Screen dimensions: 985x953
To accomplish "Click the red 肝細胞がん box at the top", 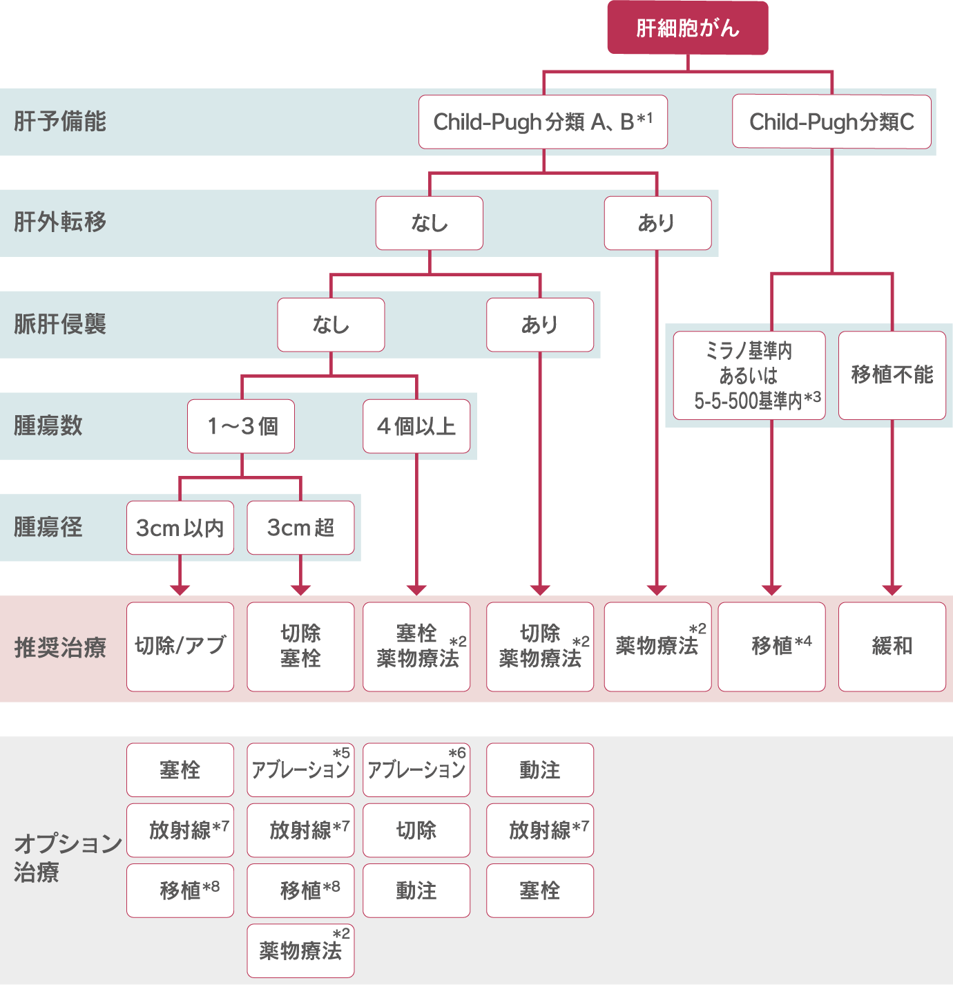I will pyautogui.click(x=687, y=28).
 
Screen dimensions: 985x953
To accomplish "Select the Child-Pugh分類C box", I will pyautogui.click(x=831, y=122).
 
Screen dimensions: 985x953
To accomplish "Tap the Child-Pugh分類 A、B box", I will pyautogui.click(x=543, y=122).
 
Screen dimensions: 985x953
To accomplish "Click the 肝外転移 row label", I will pyautogui.click(x=60, y=222).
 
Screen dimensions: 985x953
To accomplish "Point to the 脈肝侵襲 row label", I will pyautogui.click(x=60, y=324).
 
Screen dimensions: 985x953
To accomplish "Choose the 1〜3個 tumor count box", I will pyautogui.click(x=241, y=426).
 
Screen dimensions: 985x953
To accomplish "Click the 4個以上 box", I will pyautogui.click(x=416, y=426).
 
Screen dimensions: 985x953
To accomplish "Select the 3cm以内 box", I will pyautogui.click(x=180, y=528).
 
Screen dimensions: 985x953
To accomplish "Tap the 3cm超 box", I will pyautogui.click(x=300, y=528).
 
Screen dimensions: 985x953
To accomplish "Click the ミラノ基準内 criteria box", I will pyautogui.click(x=749, y=376).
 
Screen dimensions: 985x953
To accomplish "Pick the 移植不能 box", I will pyautogui.click(x=892, y=376).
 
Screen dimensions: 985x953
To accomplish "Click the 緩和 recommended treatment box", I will pyautogui.click(x=892, y=647).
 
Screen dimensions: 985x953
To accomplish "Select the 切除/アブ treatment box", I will pyautogui.click(x=180, y=647).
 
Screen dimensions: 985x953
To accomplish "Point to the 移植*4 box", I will pyautogui.click(x=771, y=647).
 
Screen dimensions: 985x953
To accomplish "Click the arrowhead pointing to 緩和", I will pyautogui.click(x=892, y=589).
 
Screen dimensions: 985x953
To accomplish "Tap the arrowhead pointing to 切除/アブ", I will pyautogui.click(x=180, y=589).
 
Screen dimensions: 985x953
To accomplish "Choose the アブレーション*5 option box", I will pyautogui.click(x=300, y=769).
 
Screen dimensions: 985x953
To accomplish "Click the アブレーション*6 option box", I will pyautogui.click(x=416, y=769).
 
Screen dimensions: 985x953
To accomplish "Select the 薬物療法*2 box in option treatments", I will pyautogui.click(x=300, y=951).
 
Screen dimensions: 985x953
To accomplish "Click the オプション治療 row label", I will pyautogui.click(x=67, y=857).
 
